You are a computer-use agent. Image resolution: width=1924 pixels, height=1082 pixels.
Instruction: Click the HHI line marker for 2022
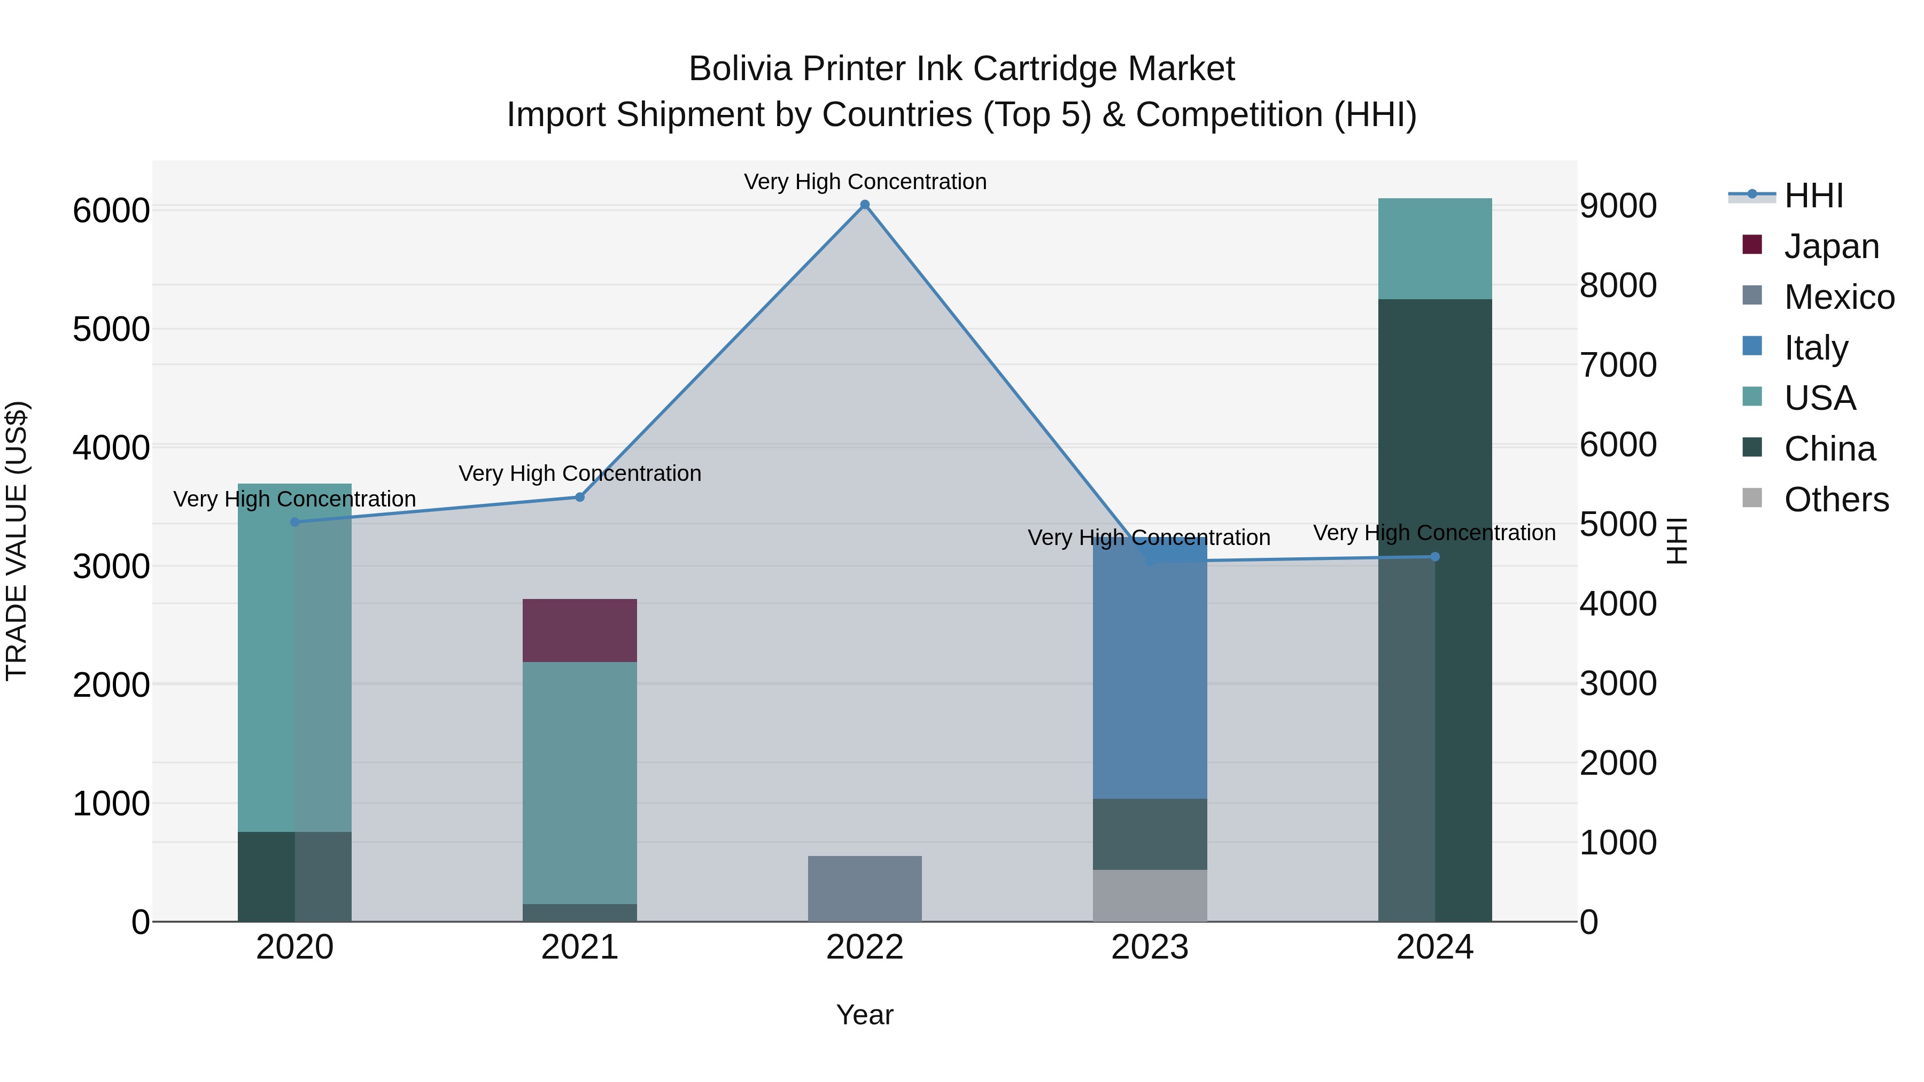coord(864,205)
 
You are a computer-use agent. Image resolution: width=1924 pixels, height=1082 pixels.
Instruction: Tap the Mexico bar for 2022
coord(864,889)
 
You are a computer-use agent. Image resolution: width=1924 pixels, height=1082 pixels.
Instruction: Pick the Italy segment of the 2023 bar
coord(1150,672)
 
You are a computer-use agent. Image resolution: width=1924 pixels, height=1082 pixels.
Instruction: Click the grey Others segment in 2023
coord(1150,896)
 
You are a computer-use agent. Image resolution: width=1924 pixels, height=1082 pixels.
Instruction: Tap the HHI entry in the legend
coord(1813,196)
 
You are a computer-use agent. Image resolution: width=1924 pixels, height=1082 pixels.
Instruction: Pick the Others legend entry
coord(1835,500)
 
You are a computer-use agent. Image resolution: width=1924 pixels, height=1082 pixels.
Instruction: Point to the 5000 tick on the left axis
coord(111,329)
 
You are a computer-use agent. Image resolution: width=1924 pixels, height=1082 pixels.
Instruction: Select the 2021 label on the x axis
coord(579,947)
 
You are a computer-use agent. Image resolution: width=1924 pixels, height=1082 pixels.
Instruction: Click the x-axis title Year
coord(864,1015)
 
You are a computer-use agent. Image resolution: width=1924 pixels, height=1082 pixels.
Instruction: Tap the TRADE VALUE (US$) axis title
coord(17,541)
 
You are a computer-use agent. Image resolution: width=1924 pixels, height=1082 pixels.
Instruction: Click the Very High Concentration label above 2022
coord(864,182)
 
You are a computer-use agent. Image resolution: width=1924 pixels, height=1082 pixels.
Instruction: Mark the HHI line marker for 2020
coord(294,522)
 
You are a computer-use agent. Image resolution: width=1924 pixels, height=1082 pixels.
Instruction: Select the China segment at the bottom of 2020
coord(266,877)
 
